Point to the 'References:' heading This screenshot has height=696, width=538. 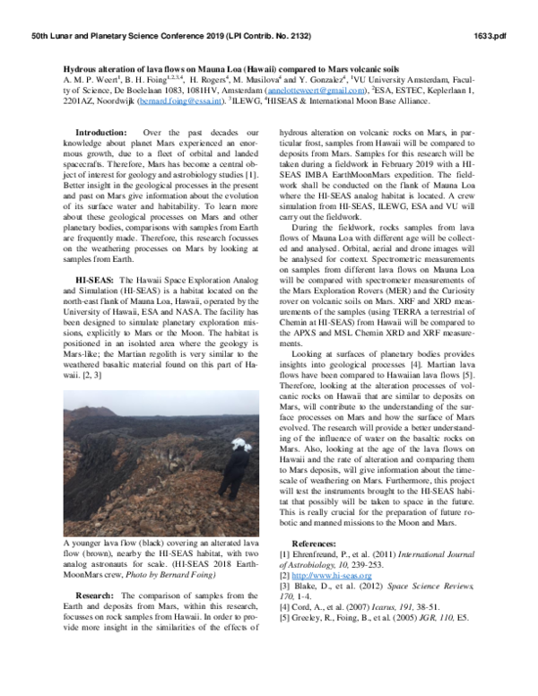pos(322,544)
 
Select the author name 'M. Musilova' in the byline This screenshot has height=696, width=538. pos(255,80)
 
